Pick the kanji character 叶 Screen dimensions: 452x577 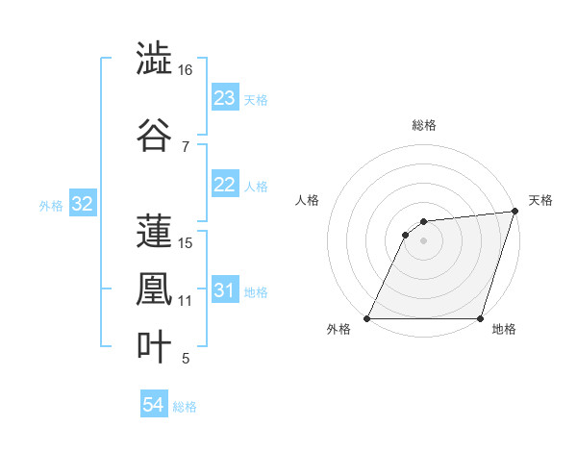(154, 347)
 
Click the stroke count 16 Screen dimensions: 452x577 (186, 70)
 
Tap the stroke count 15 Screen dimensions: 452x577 (186, 243)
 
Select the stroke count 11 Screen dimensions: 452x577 (185, 301)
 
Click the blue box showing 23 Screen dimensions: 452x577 (224, 98)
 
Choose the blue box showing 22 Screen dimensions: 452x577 (224, 186)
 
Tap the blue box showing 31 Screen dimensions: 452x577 (224, 291)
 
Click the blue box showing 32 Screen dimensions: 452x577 (82, 205)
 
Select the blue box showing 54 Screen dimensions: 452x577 (153, 406)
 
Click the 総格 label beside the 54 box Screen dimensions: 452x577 (185, 407)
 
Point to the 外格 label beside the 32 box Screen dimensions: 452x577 (51, 206)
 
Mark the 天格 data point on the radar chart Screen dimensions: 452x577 (515, 212)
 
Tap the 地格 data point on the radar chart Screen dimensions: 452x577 (480, 318)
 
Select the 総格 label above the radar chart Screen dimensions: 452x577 (423, 125)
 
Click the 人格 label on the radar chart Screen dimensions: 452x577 (307, 200)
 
